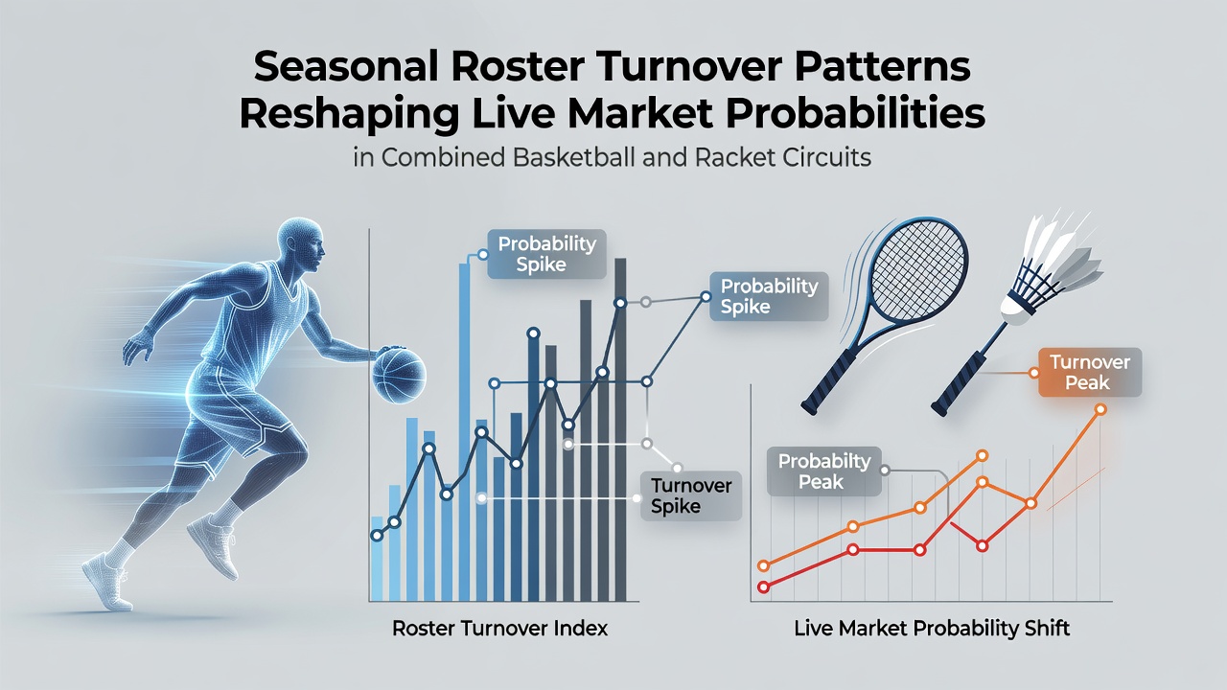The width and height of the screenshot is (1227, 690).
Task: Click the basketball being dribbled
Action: pos(399,376)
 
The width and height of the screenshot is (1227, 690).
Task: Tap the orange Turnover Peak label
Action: pos(1090,373)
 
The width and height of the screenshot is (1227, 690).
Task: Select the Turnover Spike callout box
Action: pos(691,495)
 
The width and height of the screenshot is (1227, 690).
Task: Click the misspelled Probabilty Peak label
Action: pos(823,471)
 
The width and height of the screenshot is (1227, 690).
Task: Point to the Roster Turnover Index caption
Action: pos(499,628)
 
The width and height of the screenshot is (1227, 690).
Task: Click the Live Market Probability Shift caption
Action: pos(932,628)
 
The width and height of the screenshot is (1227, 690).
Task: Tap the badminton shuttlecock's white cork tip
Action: pos(1014,310)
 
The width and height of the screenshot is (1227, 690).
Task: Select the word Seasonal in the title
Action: pos(345,67)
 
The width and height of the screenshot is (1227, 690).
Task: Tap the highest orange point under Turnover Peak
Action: pos(1100,409)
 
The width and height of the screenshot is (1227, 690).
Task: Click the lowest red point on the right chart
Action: pos(763,587)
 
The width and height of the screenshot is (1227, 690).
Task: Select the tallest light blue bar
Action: pos(464,432)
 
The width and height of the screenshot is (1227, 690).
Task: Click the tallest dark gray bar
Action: pos(620,430)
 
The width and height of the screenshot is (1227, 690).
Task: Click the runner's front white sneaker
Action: pos(107,582)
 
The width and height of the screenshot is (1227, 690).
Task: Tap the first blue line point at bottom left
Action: pos(377,536)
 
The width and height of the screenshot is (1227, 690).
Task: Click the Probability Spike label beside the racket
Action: pos(769,296)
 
